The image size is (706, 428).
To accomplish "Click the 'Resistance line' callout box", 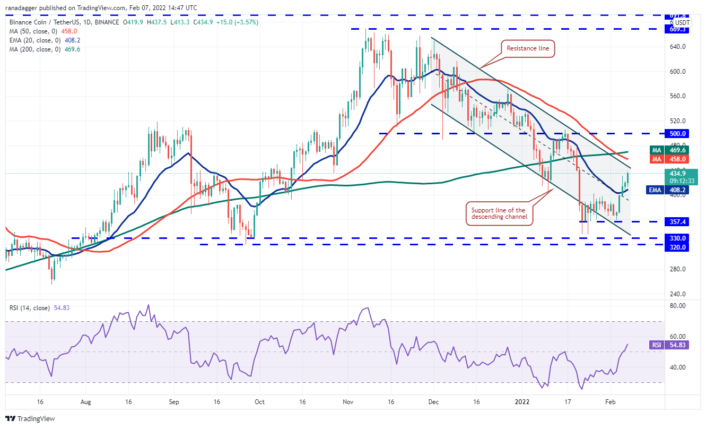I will (528, 48).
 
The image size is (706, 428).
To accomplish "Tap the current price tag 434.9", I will (678, 174).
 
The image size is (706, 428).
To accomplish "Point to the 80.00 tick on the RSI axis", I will (679, 306).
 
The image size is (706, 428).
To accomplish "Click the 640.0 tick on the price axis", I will (678, 47).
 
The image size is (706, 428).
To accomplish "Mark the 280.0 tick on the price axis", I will (678, 269).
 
